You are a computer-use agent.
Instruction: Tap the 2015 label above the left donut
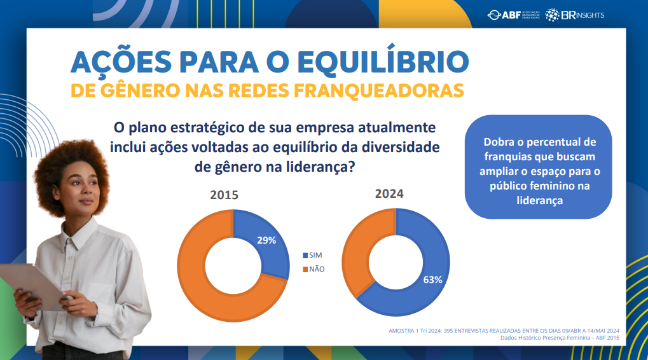224,195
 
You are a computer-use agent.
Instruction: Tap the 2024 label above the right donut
389,194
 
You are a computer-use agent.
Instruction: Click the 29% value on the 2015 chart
266,240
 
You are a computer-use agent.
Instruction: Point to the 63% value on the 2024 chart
432,279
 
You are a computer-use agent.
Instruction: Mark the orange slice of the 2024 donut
359,248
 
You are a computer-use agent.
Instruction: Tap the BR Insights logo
576,15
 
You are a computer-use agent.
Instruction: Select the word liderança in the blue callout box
539,200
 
